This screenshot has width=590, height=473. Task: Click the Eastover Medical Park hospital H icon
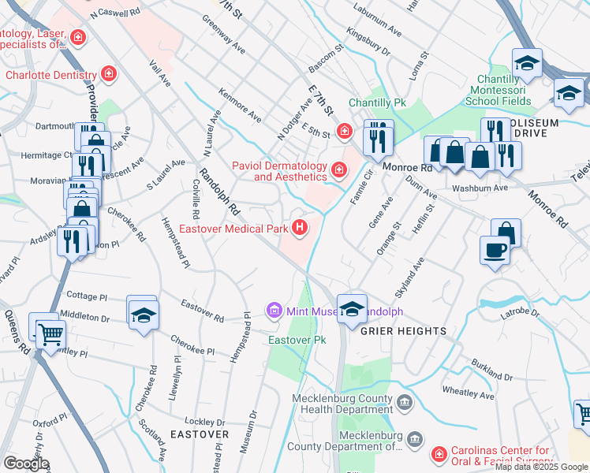299,229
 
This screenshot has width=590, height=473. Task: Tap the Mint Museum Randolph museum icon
274,311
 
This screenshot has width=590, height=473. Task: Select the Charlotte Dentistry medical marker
108,76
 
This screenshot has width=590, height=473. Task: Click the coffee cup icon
495,250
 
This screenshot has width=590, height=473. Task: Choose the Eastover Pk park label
297,340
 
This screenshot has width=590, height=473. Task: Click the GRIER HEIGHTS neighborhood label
403,331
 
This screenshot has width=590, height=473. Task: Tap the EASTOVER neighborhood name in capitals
199,434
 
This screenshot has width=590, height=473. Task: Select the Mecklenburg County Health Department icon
404,404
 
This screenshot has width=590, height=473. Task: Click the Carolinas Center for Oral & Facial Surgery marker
438,455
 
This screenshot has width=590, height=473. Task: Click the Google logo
26,464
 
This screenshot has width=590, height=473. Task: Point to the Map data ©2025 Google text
541,467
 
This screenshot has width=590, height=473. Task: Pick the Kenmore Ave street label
240,106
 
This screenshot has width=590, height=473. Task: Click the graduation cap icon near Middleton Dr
142,315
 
